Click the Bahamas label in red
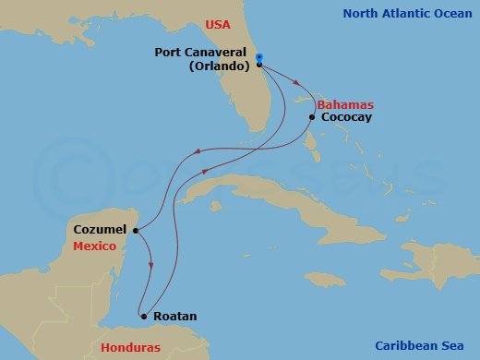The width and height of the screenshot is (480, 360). [x=340, y=105]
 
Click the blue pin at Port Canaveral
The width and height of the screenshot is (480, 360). [x=259, y=59]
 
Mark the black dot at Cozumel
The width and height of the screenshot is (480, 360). [x=136, y=231]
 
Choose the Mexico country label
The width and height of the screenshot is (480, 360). [x=95, y=247]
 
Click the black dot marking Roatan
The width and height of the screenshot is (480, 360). [x=143, y=316]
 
